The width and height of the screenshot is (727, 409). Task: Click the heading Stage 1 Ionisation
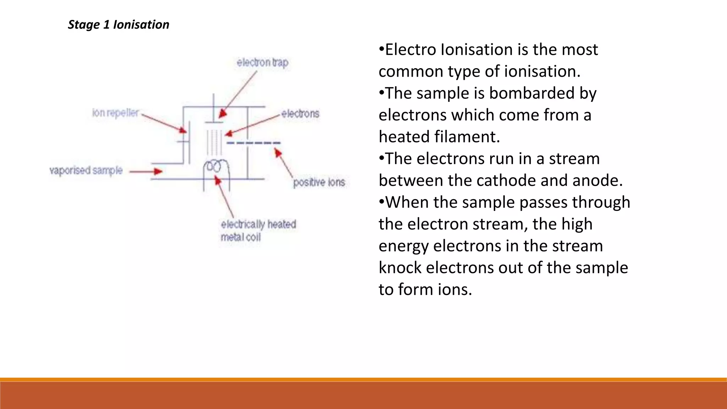point(119,24)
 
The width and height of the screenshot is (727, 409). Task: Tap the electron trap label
point(262,63)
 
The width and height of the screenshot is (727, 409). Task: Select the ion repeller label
point(115,113)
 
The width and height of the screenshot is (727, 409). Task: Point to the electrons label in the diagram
point(300,114)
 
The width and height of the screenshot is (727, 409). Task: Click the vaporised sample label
point(86,170)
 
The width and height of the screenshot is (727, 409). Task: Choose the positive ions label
point(319,182)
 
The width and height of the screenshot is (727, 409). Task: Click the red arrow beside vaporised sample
point(146,171)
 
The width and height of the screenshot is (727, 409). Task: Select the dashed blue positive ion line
point(253,143)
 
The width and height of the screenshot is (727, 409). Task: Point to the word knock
point(400,268)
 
